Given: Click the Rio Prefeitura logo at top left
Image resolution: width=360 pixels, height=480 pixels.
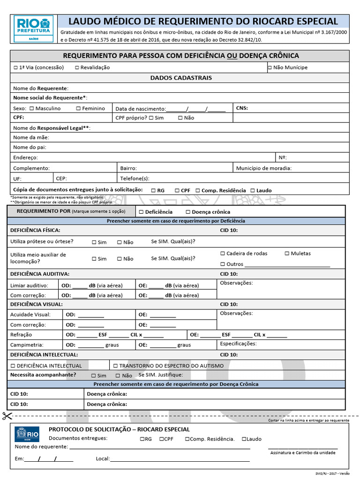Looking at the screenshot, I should point(34,29).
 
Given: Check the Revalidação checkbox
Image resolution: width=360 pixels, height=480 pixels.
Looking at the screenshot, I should point(77,67).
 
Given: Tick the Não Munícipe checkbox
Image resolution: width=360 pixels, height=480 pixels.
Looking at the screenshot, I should point(270,67).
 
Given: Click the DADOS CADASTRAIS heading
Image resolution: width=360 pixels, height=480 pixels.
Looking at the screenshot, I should point(180,78).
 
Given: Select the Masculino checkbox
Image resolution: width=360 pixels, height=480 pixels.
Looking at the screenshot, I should point(32,108).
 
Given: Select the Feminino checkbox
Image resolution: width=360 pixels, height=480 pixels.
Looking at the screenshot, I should point(78,108).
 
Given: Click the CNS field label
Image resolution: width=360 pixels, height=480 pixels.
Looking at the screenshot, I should point(242,108).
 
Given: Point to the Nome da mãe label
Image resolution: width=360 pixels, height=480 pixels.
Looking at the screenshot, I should point(31,137).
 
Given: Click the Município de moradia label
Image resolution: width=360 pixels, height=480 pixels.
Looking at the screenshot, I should point(263,168).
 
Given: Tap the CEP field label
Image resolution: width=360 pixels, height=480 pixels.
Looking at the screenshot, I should point(61,179).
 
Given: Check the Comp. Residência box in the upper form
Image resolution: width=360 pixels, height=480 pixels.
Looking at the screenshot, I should point(198,190).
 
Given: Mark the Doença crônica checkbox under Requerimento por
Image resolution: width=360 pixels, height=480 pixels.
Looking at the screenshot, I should point(188,212).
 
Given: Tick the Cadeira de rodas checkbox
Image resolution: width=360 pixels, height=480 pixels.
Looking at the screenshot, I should point(223,254).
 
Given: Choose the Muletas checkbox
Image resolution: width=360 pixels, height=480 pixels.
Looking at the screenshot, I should point(287,254).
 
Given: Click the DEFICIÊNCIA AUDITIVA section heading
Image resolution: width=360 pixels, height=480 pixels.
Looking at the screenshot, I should point(40,274).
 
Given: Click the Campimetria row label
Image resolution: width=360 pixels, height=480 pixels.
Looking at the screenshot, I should point(27,345).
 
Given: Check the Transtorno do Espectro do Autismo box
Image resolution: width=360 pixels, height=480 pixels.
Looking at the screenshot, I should point(115,366).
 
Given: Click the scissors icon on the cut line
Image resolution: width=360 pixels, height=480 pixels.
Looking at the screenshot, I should point(7,415).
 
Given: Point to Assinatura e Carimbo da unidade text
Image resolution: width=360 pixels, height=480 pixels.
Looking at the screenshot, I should point(303,453).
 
